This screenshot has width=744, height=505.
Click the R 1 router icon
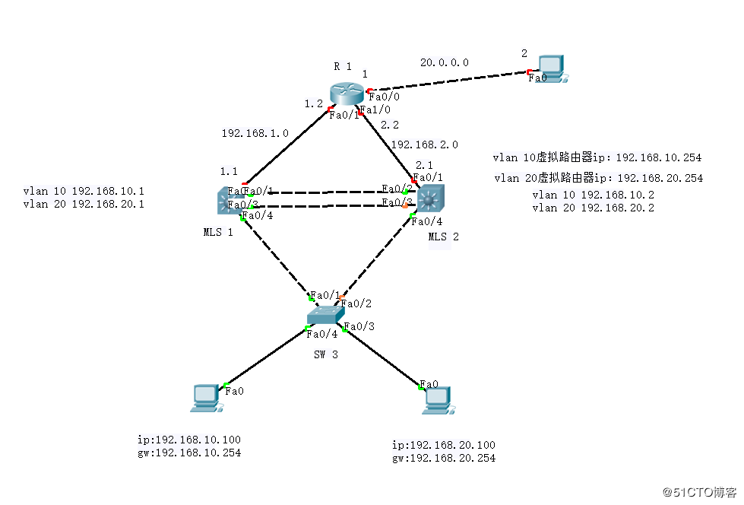(348, 92)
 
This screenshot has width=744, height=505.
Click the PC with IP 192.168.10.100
(206, 398)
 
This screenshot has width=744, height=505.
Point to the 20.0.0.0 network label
(444, 62)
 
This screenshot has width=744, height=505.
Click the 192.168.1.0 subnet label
(255, 133)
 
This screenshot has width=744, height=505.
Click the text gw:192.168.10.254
(189, 453)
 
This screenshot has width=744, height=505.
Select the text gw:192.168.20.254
(444, 458)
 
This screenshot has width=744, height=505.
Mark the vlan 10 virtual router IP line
(597, 158)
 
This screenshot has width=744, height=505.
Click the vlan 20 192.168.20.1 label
(84, 205)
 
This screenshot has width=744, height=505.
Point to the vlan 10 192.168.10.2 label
(593, 195)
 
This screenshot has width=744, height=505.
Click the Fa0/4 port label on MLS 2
(426, 222)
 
